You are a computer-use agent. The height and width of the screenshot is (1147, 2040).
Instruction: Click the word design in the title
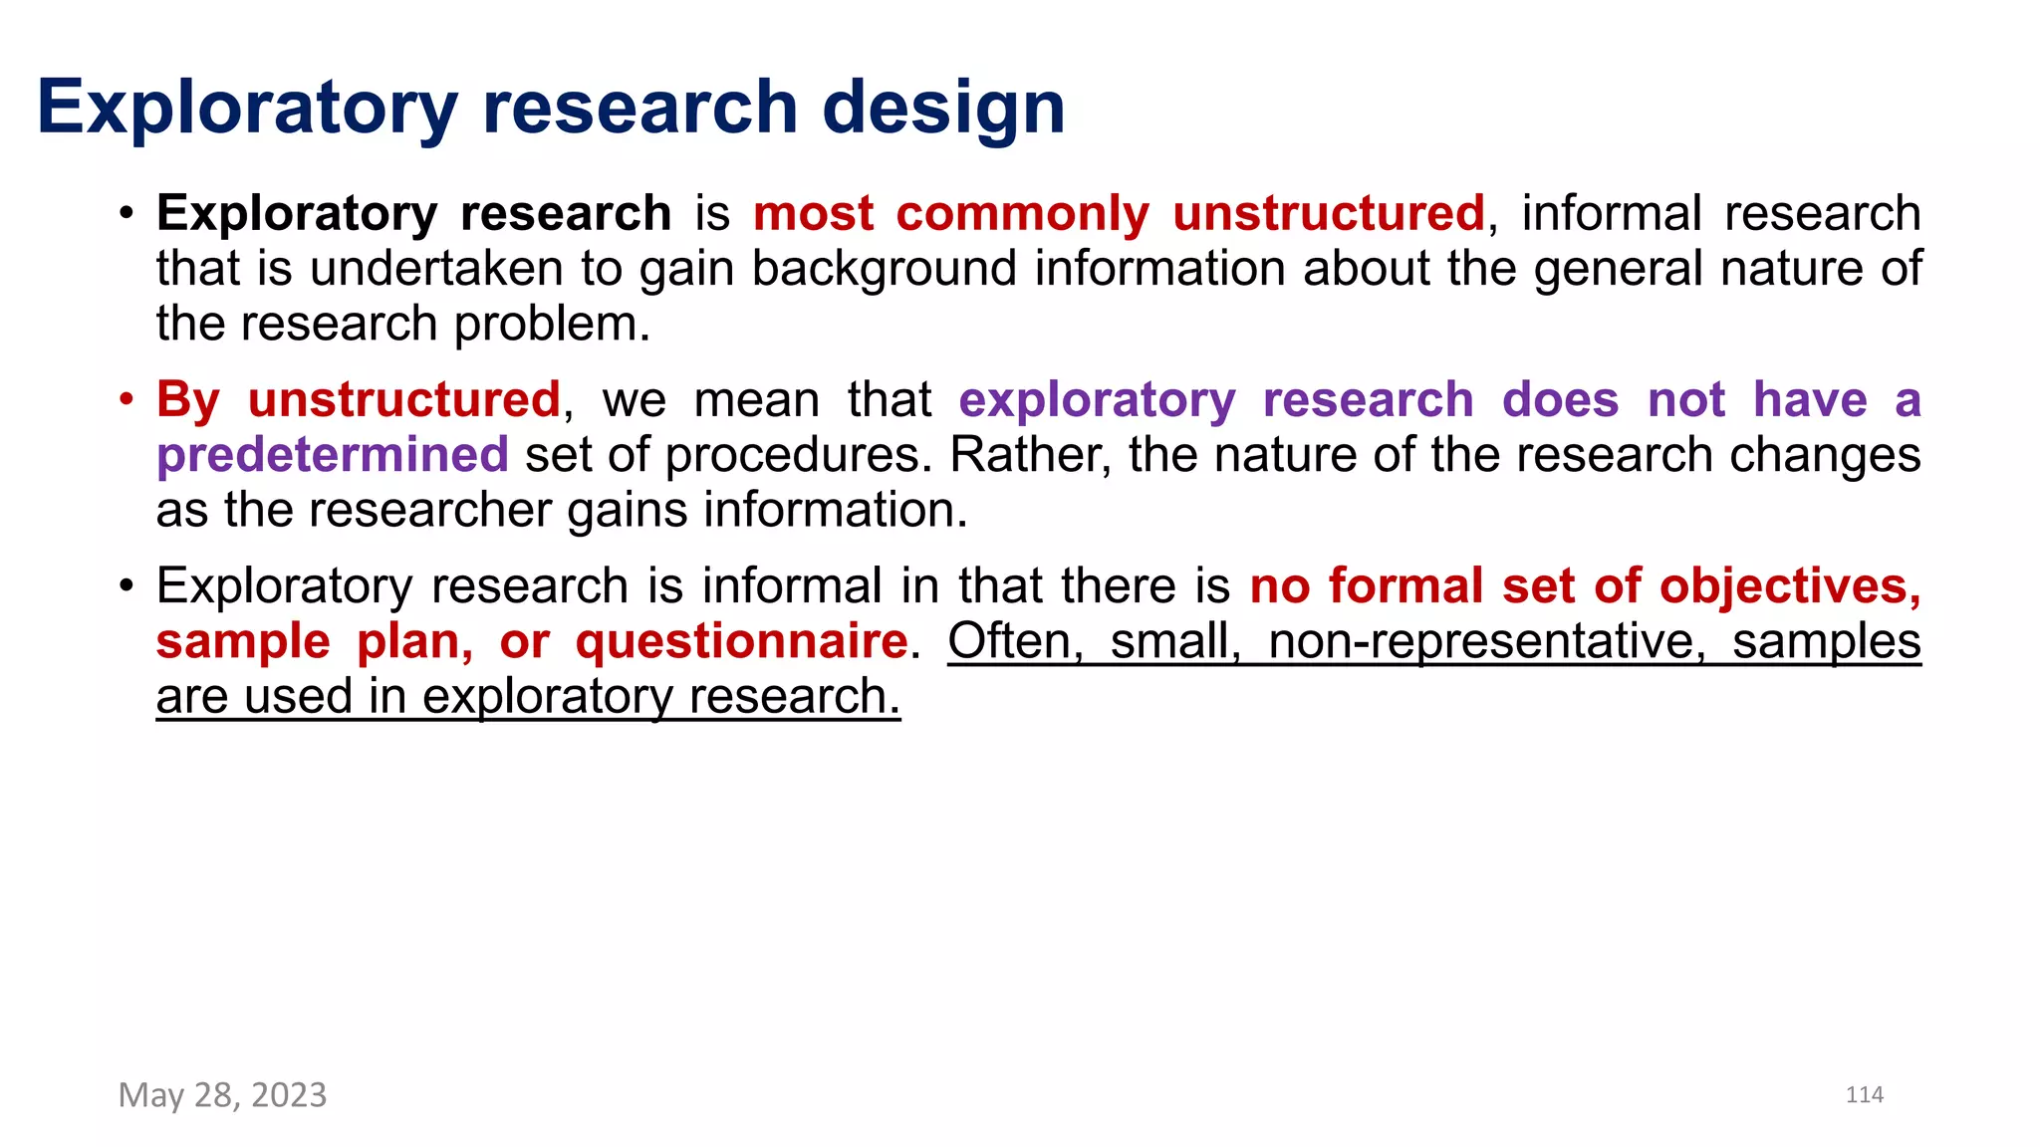pyautogui.click(x=943, y=108)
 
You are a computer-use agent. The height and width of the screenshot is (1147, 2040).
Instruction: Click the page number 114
pyautogui.click(x=1864, y=1095)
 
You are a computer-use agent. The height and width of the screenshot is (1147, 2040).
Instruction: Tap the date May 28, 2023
pyautogui.click(x=222, y=1095)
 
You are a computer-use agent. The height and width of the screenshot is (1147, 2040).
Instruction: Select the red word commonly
pyautogui.click(x=1022, y=214)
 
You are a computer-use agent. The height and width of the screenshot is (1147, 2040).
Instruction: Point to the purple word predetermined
pyautogui.click(x=333, y=455)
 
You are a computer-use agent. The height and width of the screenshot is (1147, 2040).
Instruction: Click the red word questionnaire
pyautogui.click(x=741, y=641)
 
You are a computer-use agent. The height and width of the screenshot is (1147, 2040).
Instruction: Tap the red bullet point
pyautogui.click(x=126, y=400)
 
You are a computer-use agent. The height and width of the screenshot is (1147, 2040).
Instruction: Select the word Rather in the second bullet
pyautogui.click(x=1030, y=455)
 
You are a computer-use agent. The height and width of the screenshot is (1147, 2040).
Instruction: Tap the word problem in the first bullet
pyautogui.click(x=552, y=324)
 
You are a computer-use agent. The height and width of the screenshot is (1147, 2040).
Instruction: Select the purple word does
pyautogui.click(x=1560, y=400)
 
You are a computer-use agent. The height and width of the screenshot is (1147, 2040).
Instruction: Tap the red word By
pyautogui.click(x=187, y=400)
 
